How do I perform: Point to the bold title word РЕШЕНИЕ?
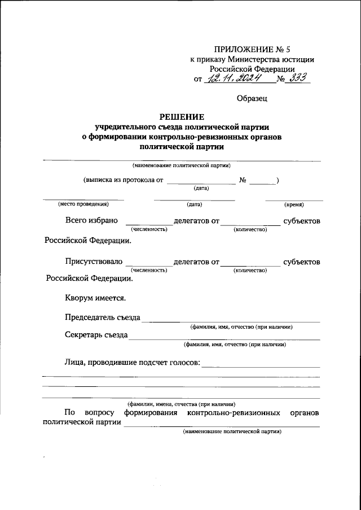(180, 117)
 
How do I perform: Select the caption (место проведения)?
(83, 204)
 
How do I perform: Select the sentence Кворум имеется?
(95, 298)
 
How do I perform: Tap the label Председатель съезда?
(103, 317)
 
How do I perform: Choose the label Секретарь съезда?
(96, 335)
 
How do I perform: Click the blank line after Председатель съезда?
(231, 320)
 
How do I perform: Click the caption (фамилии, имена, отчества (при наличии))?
(181, 404)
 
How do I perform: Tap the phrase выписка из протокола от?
(123, 180)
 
